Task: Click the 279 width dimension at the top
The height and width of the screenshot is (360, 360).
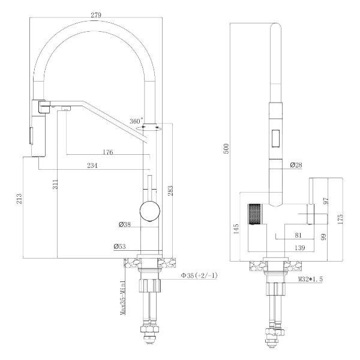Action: (x=96, y=15)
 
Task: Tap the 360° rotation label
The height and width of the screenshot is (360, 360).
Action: (x=136, y=121)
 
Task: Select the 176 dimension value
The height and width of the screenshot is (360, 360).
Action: (x=107, y=152)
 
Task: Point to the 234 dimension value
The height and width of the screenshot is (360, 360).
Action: (x=92, y=166)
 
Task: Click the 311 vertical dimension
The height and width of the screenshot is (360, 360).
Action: (x=55, y=184)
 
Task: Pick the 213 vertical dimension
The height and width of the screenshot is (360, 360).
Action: (x=19, y=199)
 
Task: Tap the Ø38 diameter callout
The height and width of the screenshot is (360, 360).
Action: (x=125, y=224)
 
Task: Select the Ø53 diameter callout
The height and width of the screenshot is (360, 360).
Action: (x=119, y=247)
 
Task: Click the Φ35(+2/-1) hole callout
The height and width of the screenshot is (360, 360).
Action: (x=199, y=275)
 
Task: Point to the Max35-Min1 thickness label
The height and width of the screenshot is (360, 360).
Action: (x=123, y=298)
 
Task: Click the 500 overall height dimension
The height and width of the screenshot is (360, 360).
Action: (x=226, y=149)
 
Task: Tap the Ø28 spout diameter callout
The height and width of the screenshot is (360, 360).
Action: (x=296, y=165)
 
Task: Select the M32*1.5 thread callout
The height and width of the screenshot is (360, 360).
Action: (x=310, y=279)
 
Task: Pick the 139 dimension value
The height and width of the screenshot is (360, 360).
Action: (x=300, y=247)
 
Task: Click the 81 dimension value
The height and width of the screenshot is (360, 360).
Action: (x=298, y=235)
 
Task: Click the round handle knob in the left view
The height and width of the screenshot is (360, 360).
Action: (x=150, y=211)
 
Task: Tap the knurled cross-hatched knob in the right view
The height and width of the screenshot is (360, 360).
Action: (x=254, y=214)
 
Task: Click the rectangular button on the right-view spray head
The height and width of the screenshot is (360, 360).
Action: (x=275, y=139)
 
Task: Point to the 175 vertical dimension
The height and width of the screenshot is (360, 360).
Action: (x=340, y=219)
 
